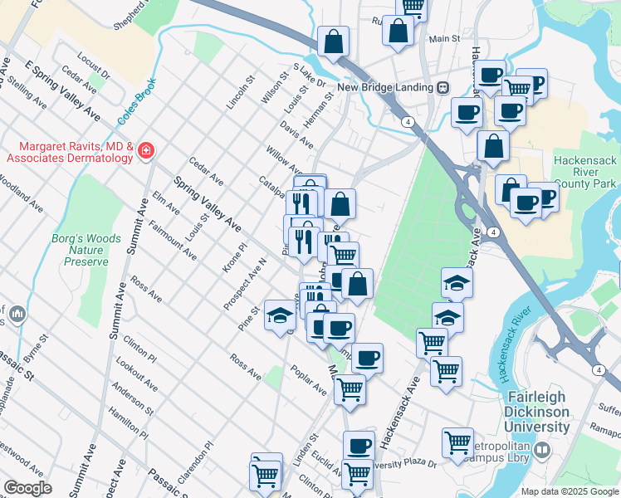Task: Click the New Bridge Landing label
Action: pos(384,87)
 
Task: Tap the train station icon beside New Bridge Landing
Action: pos(443,87)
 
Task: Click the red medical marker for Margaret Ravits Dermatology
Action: pos(146,150)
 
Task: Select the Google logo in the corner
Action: pos(27,488)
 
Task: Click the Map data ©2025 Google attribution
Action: pos(569,491)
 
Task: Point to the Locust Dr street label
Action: pos(93,67)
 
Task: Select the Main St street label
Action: pos(444,39)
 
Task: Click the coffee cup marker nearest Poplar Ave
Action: pos(367,358)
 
